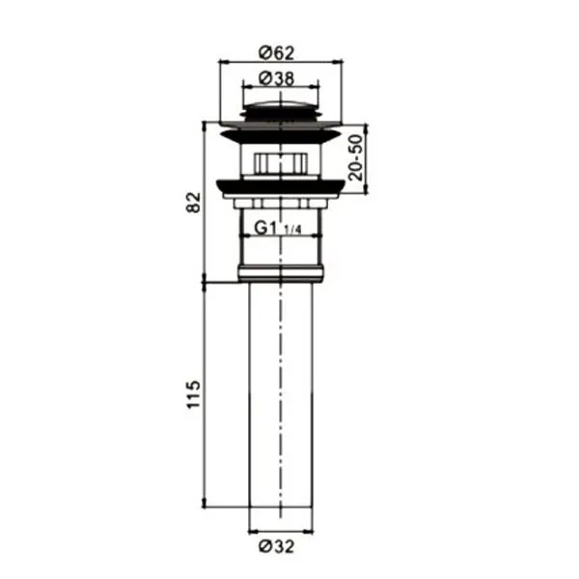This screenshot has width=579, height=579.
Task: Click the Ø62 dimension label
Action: (276, 53)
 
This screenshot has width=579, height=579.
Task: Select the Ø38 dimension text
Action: (277, 79)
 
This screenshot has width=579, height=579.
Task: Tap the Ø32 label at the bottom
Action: (277, 546)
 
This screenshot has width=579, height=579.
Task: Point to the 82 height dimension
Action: (194, 203)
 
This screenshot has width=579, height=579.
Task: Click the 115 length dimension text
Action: (194, 394)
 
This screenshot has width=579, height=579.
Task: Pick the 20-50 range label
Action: (356, 157)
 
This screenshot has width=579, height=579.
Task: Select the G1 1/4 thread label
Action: (278, 228)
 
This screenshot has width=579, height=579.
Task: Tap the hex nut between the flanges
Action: (281, 162)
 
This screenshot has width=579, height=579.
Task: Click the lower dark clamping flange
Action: (281, 187)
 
